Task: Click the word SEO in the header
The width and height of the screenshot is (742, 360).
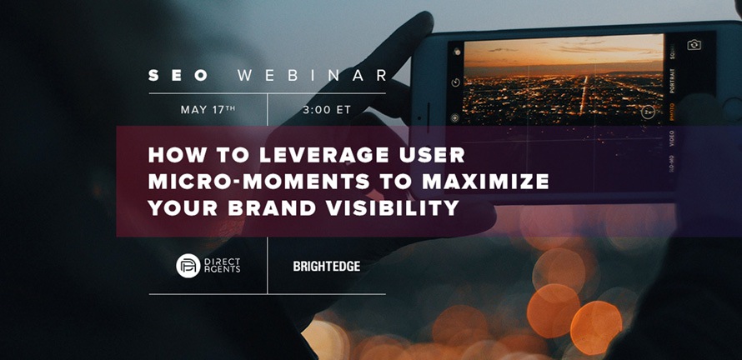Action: coord(178,76)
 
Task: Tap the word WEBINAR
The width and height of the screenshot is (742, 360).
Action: coord(312,76)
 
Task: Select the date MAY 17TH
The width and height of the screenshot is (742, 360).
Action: coord(208,110)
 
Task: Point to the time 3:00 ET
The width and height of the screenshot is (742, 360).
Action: coord(327,110)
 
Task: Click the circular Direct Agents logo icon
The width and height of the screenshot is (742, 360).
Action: coord(188,265)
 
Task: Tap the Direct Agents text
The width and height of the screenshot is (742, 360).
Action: coord(222,265)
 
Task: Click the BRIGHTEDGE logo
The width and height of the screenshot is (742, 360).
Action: coord(327,267)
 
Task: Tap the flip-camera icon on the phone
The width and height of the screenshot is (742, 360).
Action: coord(694,45)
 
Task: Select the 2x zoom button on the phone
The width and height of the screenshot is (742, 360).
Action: coord(647,112)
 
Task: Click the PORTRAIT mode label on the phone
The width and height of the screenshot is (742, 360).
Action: coord(673,82)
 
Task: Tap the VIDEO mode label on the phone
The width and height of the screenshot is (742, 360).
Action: coord(673,138)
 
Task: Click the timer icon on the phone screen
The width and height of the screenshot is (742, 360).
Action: coord(455,82)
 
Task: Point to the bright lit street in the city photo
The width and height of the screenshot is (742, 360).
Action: coord(584,95)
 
